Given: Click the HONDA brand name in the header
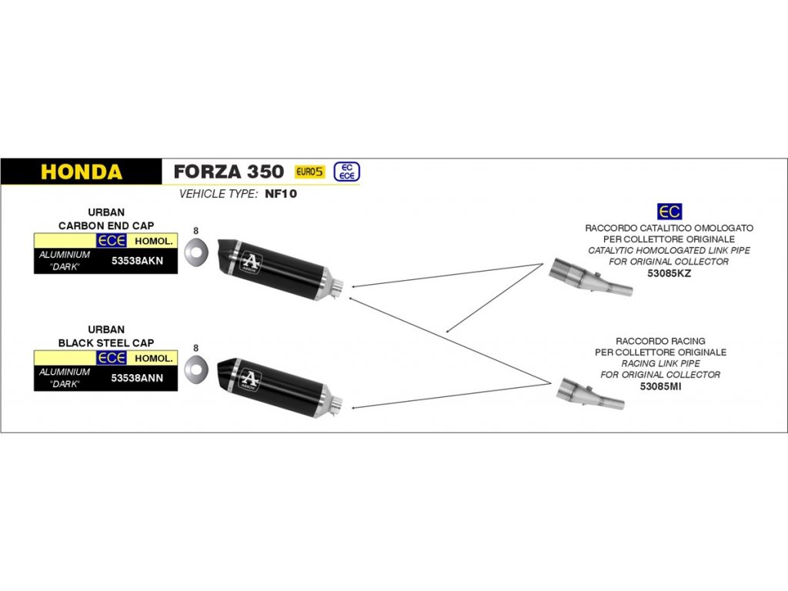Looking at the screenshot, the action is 81,172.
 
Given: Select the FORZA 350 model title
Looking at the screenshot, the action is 228,171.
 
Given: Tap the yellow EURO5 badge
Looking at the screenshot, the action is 309,172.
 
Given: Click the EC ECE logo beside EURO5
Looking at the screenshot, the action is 346,172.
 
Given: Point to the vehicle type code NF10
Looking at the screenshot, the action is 280,194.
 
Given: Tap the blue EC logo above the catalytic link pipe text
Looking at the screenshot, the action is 669,212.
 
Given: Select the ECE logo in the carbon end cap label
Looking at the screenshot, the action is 112,241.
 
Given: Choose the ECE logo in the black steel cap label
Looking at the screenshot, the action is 112,358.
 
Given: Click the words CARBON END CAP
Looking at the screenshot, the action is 106,225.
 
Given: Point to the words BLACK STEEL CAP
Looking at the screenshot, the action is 106,342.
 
